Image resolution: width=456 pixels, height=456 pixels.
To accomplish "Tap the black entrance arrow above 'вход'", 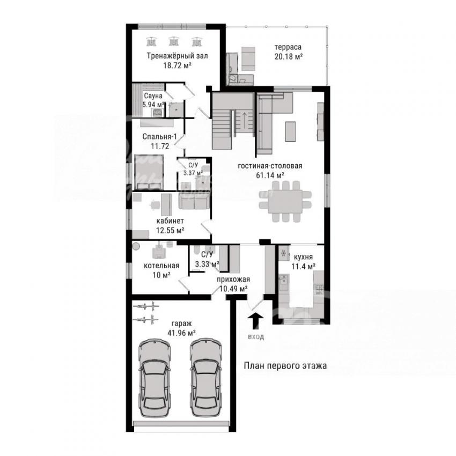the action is (255, 321).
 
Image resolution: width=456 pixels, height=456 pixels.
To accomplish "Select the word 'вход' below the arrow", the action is (256, 337).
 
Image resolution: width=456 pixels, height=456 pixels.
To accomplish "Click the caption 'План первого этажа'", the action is (285, 365).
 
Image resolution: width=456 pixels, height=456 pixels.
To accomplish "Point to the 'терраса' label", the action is (288, 47).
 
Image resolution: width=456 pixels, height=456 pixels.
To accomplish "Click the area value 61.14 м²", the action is (270, 175).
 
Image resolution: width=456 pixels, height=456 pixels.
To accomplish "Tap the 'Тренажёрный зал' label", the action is (177, 55).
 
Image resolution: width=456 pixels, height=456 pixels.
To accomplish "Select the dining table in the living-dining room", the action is (285, 201).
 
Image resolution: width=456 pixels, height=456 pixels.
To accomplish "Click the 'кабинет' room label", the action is (170, 221).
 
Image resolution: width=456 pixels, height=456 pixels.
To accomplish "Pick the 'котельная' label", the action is (161, 266).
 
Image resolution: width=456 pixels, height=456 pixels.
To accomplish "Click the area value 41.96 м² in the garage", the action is (181, 333).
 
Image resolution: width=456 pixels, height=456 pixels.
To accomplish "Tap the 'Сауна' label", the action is (153, 95).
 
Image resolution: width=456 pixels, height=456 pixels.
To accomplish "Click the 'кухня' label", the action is (303, 257).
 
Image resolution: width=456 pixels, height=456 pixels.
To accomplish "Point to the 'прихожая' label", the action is (233, 280).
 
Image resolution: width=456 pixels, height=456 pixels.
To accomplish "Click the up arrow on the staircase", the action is (244, 119).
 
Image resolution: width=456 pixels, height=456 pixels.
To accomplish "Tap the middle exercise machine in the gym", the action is (174, 41).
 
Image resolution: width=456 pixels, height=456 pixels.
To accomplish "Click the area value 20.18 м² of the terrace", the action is (289, 56).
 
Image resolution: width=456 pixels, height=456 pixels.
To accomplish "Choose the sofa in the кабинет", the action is (194, 201).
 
